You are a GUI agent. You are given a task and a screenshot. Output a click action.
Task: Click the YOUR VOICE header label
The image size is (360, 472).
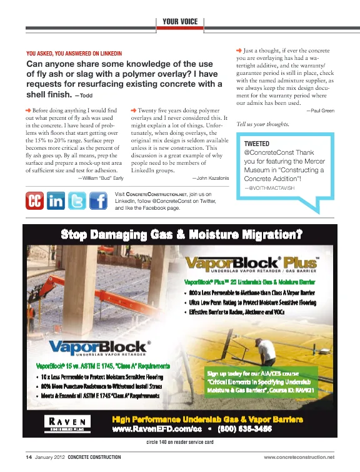coord(180,22)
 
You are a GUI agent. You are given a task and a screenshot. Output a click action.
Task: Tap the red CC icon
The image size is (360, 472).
coord(36,202)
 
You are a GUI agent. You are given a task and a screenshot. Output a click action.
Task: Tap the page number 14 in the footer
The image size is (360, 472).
coord(29,459)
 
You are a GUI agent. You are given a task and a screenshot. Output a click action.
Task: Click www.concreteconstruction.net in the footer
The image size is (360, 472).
coord(299,459)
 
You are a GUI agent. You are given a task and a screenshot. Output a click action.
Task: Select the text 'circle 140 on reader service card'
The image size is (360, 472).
coord(180,441)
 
